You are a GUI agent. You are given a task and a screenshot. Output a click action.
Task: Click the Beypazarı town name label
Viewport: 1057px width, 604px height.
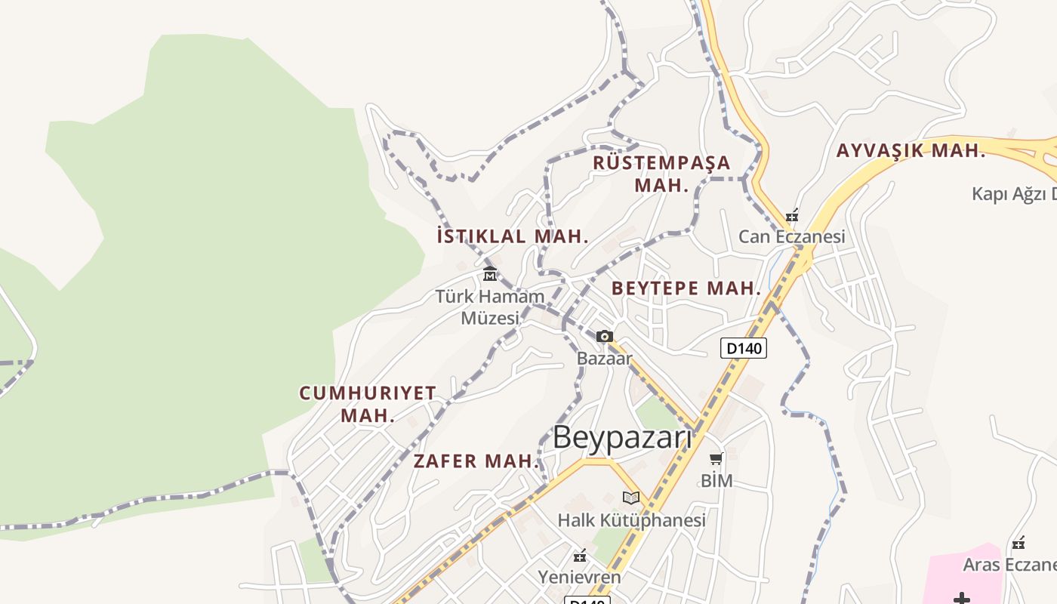622,437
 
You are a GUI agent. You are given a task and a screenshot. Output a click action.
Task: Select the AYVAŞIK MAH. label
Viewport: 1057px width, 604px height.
911,150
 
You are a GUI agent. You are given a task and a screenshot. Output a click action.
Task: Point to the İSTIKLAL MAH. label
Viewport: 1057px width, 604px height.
513,236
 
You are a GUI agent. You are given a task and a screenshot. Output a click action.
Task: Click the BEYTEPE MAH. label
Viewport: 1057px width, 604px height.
686,288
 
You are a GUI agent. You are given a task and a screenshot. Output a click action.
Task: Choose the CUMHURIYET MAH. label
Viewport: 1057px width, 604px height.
368,404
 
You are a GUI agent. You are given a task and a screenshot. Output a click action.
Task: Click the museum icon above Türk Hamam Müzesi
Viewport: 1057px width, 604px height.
490,273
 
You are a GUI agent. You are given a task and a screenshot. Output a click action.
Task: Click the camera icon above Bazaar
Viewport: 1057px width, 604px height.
604,337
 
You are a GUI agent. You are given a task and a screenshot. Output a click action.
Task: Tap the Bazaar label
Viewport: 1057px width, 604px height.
604,359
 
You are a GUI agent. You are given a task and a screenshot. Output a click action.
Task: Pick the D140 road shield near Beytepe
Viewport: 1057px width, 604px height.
744,348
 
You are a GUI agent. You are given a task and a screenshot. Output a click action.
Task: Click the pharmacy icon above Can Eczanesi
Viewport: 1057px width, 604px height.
791,216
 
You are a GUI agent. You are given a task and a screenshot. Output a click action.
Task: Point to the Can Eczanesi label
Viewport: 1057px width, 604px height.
791,237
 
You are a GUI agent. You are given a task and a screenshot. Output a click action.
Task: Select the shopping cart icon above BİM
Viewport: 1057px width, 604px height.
716,458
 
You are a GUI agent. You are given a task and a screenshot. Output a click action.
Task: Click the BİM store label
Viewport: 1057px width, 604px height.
716,480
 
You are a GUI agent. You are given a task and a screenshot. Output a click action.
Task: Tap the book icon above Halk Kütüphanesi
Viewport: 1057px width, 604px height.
631,498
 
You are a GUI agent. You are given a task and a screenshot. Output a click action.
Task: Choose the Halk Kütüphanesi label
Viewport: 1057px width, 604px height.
631,520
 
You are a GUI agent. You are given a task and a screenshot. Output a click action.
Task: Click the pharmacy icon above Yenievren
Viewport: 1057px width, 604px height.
580,556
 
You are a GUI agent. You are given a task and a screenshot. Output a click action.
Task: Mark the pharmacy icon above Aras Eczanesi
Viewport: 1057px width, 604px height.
1018,543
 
